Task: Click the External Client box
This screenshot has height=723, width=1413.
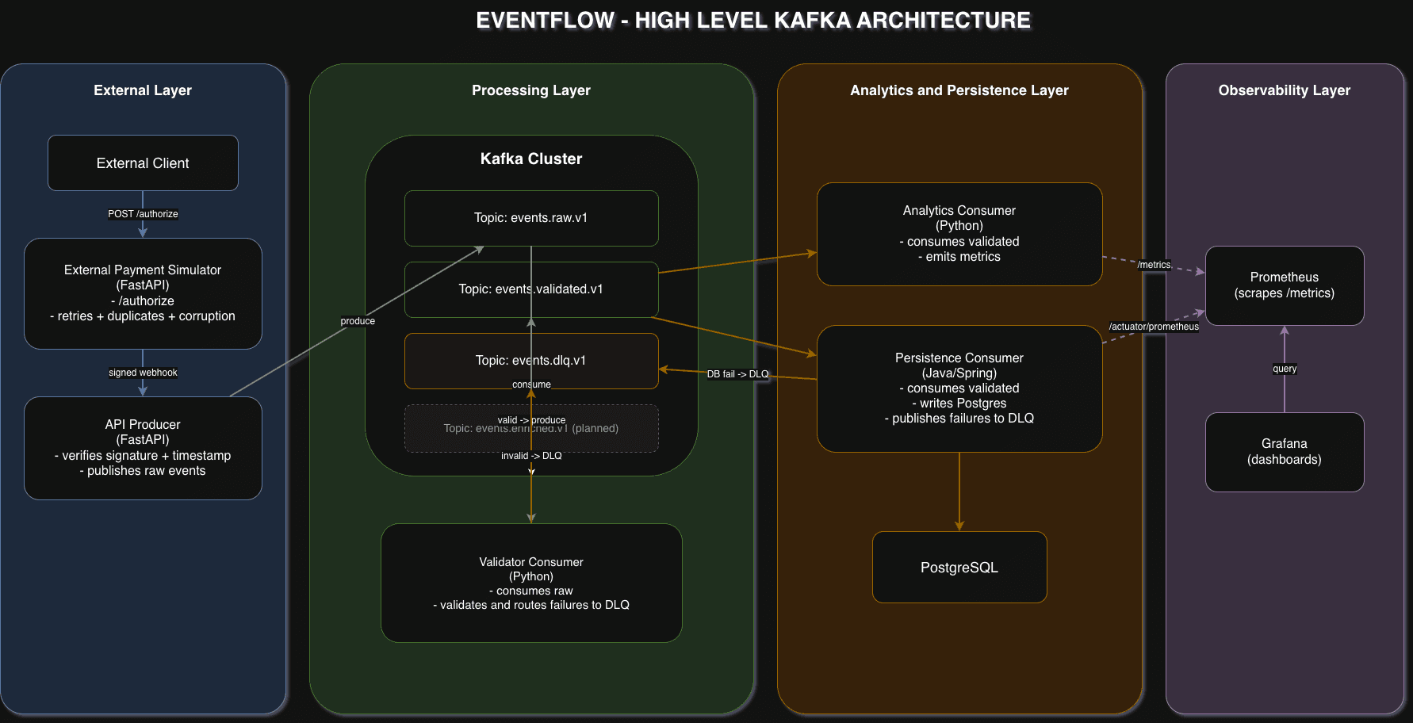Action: click(x=143, y=163)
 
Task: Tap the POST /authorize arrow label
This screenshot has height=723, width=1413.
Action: click(x=143, y=214)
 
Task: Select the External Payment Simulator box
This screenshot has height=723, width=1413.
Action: click(x=143, y=293)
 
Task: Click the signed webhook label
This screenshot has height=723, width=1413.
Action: click(x=143, y=373)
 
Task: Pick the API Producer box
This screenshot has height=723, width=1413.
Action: click(x=143, y=448)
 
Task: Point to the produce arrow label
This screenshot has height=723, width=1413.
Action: click(x=358, y=321)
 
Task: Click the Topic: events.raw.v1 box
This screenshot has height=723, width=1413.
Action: click(x=531, y=218)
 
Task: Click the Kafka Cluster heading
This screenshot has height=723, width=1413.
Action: click(x=531, y=159)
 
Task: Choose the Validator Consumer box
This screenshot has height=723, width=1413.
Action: click(x=531, y=583)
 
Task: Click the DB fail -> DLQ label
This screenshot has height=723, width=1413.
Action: click(x=737, y=374)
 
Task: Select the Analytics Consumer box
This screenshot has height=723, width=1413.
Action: click(x=959, y=234)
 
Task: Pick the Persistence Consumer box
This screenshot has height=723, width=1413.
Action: click(x=959, y=388)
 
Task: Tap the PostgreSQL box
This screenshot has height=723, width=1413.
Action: click(x=959, y=568)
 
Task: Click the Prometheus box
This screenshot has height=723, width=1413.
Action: click(x=1285, y=285)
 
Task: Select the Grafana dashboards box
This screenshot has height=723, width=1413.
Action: click(x=1285, y=452)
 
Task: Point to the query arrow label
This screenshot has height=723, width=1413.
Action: click(x=1285, y=369)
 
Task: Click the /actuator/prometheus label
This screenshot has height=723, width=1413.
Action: click(x=1154, y=327)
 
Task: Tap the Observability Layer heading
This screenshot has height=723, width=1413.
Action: click(x=1285, y=90)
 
